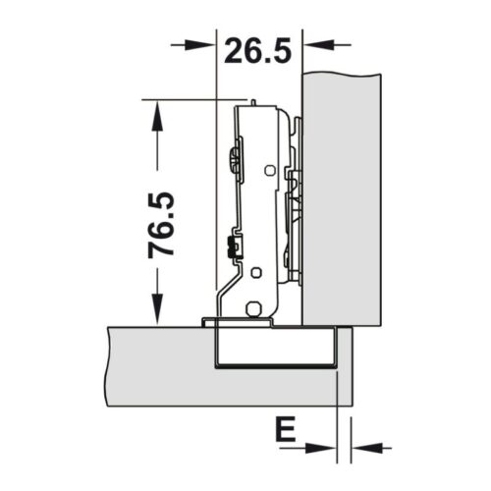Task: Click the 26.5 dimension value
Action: click(257, 49)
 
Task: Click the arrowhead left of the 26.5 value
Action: click(200, 44)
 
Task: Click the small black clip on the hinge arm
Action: click(232, 246)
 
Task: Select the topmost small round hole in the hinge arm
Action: click(268, 169)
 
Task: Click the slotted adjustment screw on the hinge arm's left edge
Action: click(233, 158)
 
